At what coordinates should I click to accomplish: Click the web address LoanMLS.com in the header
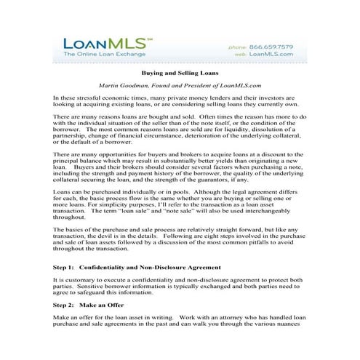[x=273, y=54]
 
